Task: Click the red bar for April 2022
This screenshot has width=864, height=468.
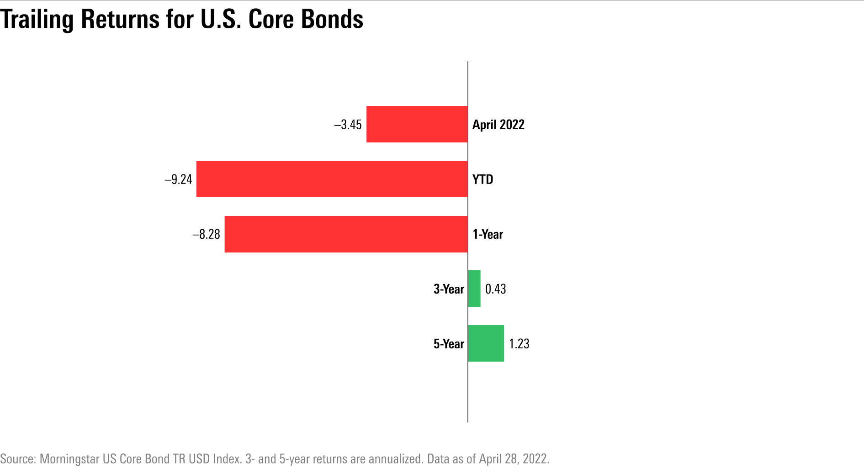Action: coord(417,124)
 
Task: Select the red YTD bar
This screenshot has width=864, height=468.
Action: coord(332,179)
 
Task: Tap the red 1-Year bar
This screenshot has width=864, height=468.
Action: coord(346,234)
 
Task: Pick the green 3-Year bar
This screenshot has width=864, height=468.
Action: coord(474,289)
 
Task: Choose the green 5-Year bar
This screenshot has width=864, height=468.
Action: coord(486,343)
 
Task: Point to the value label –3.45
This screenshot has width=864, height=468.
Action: coord(348,125)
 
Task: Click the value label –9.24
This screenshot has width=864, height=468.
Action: coord(179,179)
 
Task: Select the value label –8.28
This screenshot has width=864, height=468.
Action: coord(207,234)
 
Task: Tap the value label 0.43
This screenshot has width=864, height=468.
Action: coord(496,289)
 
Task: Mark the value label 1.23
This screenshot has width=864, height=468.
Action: coord(519,344)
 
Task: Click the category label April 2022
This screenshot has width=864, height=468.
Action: coord(498,125)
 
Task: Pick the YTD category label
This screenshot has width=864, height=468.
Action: coord(483,179)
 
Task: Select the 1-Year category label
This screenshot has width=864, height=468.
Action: coord(488,234)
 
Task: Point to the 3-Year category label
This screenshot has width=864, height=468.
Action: coord(449,289)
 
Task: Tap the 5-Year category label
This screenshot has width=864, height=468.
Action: coord(449,344)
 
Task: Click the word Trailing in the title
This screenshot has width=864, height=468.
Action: coord(37,20)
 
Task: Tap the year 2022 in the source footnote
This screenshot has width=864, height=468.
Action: coord(535,458)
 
